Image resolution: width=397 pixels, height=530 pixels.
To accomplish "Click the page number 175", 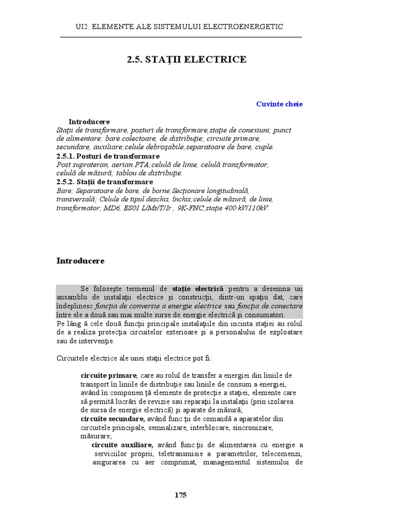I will [x=180, y=495].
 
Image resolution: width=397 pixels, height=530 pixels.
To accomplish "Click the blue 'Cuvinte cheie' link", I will [x=279, y=104].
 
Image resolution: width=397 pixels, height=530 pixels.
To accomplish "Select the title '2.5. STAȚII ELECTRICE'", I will [x=187, y=60].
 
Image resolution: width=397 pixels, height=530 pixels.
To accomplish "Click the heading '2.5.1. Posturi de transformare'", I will [x=108, y=156].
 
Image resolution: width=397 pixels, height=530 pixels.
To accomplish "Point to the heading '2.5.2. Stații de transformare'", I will [x=104, y=182].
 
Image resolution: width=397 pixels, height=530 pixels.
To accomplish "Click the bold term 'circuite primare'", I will [x=109, y=375].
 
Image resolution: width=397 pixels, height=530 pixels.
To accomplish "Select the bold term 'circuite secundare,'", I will [x=113, y=419].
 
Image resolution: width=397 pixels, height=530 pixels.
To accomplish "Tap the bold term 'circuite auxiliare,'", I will [x=122, y=445].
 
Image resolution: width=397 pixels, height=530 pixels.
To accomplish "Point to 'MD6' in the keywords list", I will [x=110, y=208].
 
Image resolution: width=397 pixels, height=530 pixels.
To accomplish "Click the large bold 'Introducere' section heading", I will [x=80, y=261].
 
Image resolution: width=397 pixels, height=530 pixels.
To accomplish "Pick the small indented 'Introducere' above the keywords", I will [x=89, y=122].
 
